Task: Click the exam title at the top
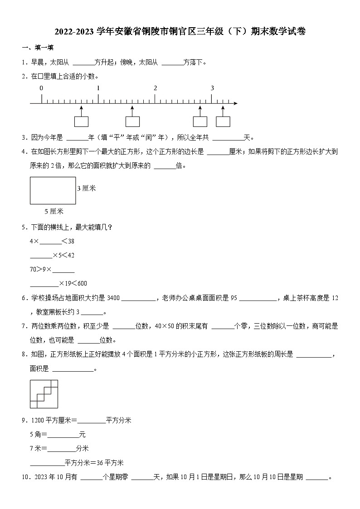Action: (x=180, y=31)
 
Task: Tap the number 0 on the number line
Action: (x=41, y=88)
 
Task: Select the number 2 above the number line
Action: (x=155, y=88)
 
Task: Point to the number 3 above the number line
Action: (x=212, y=88)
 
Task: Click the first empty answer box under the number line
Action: (x=81, y=121)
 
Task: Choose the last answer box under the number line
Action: (x=223, y=121)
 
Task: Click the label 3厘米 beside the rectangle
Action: (x=86, y=188)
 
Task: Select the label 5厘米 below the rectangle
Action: (x=54, y=211)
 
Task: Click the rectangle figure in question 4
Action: (x=53, y=190)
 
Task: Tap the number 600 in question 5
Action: (x=82, y=283)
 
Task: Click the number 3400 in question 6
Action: (x=113, y=298)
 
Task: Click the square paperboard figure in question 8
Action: (x=44, y=394)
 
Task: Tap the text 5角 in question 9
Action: (x=35, y=435)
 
